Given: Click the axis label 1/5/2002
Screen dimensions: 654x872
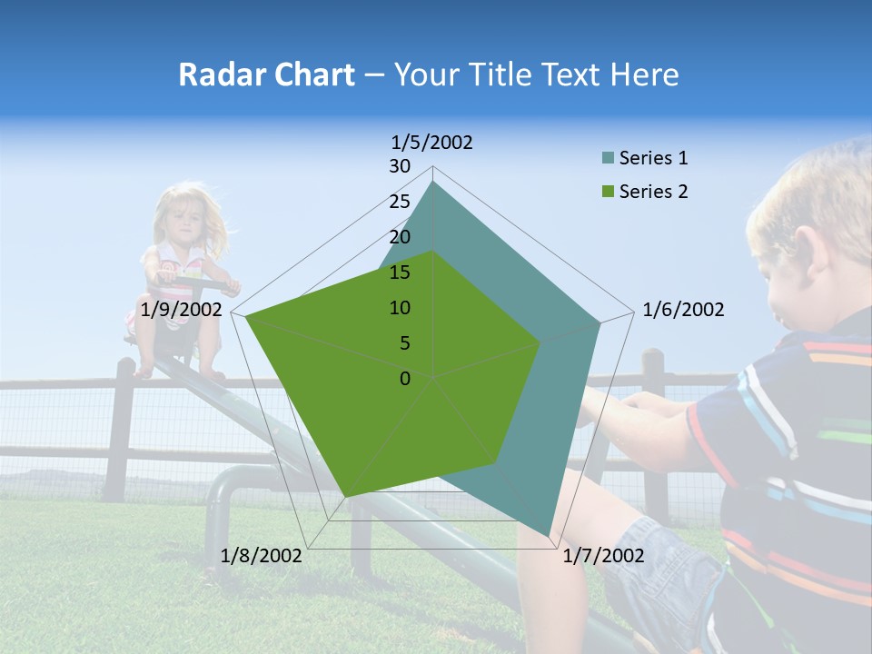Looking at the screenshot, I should (431, 142).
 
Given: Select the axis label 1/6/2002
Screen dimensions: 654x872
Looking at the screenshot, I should (683, 310).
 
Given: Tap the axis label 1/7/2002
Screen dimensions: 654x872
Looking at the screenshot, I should (603, 556).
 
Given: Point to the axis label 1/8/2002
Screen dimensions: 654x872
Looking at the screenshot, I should (262, 556).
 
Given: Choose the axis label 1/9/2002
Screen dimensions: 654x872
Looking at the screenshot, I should (182, 310).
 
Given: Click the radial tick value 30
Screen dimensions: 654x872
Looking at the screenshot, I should (400, 166).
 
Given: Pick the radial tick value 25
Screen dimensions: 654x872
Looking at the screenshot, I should (400, 202).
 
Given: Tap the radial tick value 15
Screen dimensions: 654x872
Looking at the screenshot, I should (400, 272).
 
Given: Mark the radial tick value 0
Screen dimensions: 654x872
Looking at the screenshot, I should (405, 379).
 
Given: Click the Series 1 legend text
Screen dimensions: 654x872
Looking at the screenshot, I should (653, 158).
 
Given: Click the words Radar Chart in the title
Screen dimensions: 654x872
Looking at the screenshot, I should (266, 74).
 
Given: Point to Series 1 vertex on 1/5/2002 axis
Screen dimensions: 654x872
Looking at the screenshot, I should (433, 182).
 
